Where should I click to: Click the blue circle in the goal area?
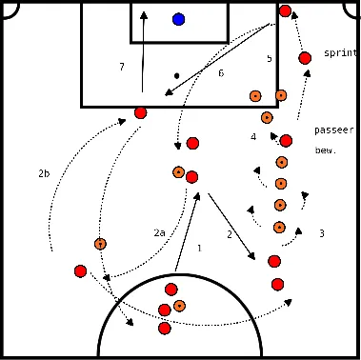179,19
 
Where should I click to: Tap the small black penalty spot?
177,75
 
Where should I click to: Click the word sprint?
338,53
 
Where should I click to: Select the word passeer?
333,130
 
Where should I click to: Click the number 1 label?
199,249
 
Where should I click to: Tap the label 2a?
160,232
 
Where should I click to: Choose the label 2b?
44,174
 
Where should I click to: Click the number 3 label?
322,233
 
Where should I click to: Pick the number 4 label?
253,137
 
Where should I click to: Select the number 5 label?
270,59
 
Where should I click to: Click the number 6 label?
221,73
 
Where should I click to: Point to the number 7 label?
122,68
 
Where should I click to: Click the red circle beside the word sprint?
305,58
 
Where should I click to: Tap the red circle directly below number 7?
141,112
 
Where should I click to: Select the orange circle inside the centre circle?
179,306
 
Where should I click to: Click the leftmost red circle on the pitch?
80,271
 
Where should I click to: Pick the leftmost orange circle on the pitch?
100,243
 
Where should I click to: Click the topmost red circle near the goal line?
286,11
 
